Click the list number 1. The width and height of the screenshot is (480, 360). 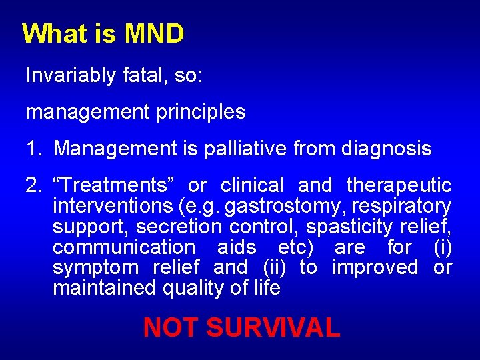click(x=33, y=149)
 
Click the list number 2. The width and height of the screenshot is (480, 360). click(x=33, y=185)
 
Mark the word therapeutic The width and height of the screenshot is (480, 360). click(x=399, y=185)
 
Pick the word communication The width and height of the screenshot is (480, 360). click(x=124, y=247)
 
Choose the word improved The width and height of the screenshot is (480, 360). click(x=375, y=268)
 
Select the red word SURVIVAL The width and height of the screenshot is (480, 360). click(x=273, y=328)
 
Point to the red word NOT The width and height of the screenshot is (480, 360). click(x=171, y=328)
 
